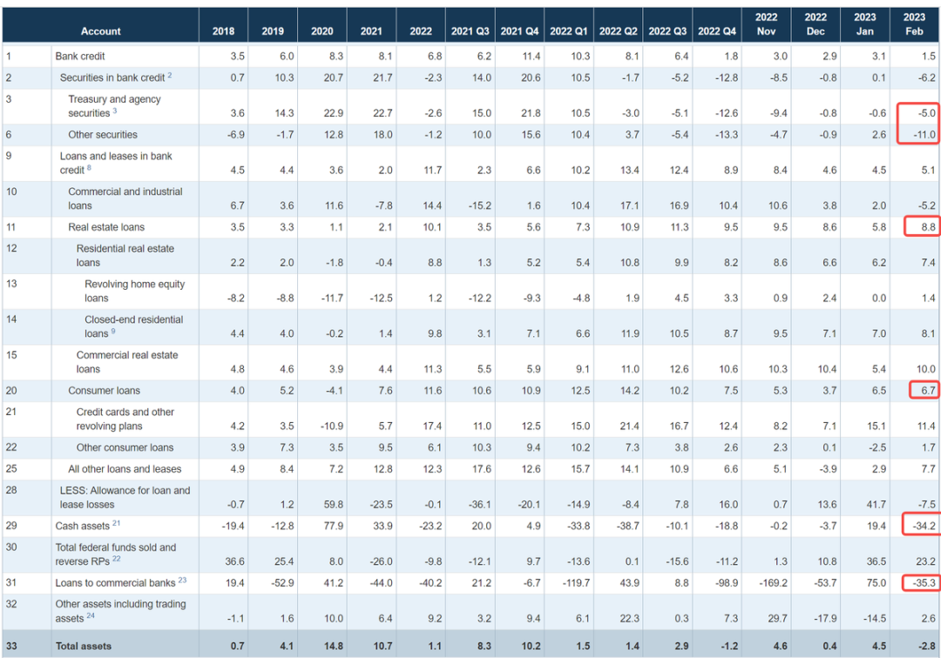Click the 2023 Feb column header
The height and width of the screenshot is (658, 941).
[916, 23]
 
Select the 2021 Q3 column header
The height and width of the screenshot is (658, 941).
[470, 31]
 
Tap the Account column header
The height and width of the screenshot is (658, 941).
[101, 31]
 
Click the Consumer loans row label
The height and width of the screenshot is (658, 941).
[104, 391]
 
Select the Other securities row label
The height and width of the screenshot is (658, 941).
[103, 135]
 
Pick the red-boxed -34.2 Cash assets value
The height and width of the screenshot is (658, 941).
[920, 526]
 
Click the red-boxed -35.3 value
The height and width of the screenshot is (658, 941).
[920, 582]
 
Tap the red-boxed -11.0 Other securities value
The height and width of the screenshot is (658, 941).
[920, 135]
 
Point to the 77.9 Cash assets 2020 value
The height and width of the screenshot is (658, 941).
[323, 526]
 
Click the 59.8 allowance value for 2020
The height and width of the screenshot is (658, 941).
[323, 504]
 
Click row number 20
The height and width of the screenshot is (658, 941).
[13, 391]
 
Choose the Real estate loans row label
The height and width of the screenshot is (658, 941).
[106, 227]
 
